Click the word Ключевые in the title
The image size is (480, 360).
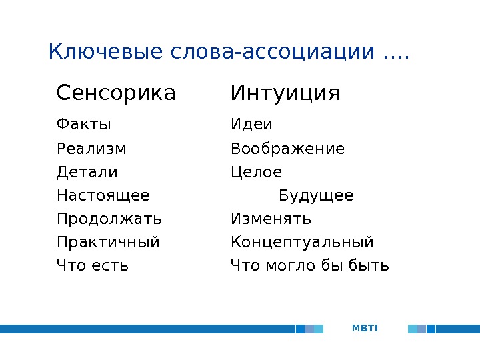105,51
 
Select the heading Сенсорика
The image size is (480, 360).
116,93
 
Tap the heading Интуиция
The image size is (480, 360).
285,93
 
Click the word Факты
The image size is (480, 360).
83,124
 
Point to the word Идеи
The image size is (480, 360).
251,124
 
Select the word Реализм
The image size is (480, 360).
91,149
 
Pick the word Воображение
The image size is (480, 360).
288,149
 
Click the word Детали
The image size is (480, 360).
87,172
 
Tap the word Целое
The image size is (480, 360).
256,172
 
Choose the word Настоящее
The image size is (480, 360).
103,195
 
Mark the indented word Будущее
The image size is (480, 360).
316,195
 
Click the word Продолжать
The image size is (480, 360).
109,219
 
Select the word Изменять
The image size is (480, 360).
271,219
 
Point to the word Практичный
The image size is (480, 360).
108,242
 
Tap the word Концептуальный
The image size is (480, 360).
302,242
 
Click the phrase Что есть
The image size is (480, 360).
93,265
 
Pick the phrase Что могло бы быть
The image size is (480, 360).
310,265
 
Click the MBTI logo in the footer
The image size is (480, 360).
365,329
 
